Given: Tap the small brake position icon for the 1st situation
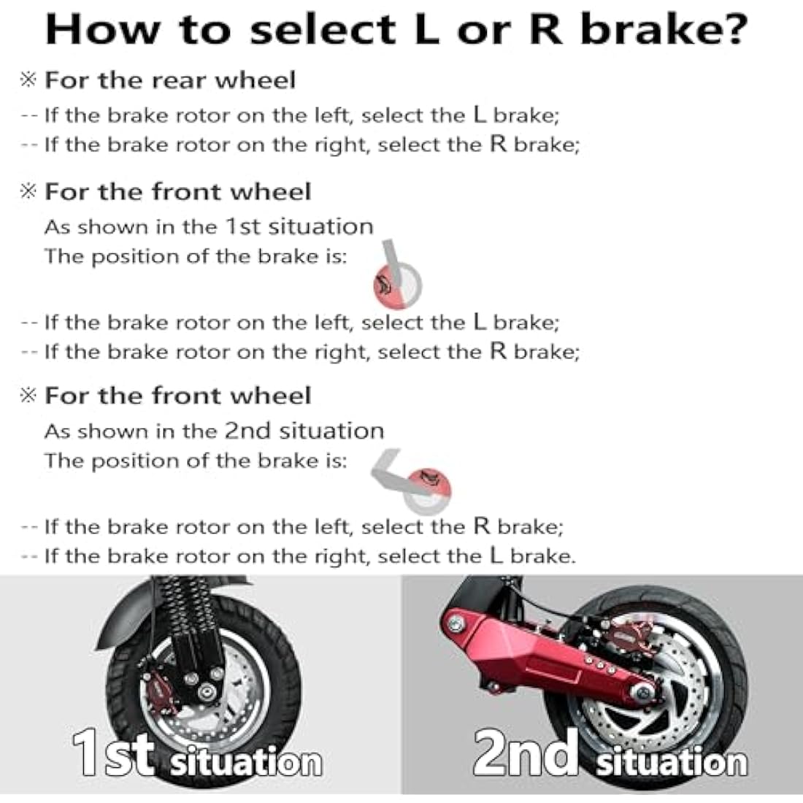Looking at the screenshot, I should (x=396, y=278).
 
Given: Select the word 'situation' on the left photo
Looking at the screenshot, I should (x=245, y=762).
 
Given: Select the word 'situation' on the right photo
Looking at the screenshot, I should (x=672, y=762).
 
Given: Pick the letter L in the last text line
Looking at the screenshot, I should (x=496, y=556).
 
